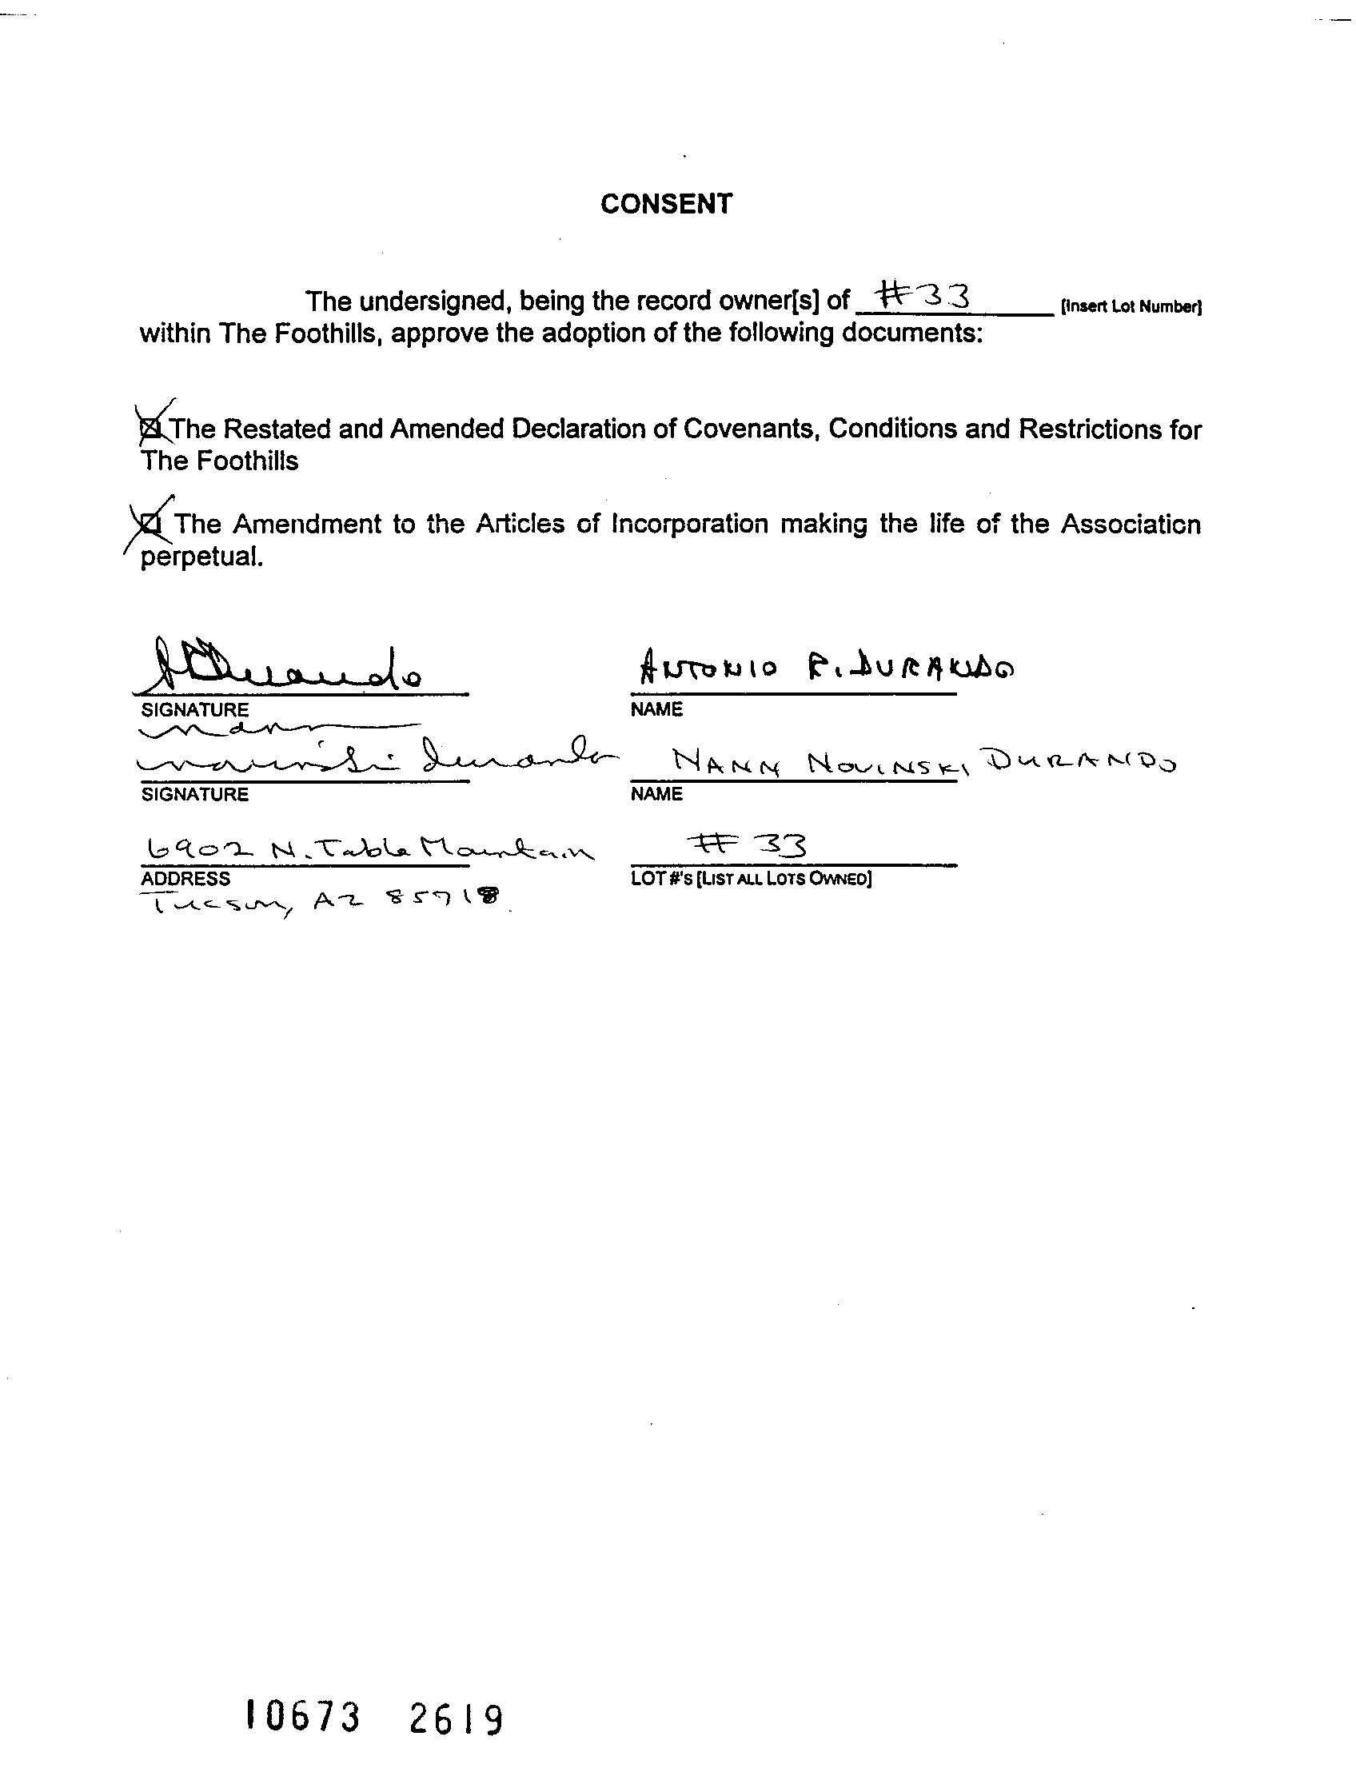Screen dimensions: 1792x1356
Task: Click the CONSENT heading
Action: pyautogui.click(x=666, y=204)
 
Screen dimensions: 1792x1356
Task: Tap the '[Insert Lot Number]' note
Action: pyautogui.click(x=1130, y=307)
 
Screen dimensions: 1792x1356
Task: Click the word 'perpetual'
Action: pyautogui.click(x=201, y=558)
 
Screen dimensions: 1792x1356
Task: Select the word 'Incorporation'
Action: pyautogui.click(x=688, y=524)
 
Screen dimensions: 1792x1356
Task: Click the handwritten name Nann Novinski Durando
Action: pyautogui.click(x=923, y=762)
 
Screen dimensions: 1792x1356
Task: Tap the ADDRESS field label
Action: pyautogui.click(x=185, y=878)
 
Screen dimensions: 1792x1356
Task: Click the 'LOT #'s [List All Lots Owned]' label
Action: pyautogui.click(x=751, y=879)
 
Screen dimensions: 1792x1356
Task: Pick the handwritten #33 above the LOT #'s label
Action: pyautogui.click(x=745, y=846)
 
